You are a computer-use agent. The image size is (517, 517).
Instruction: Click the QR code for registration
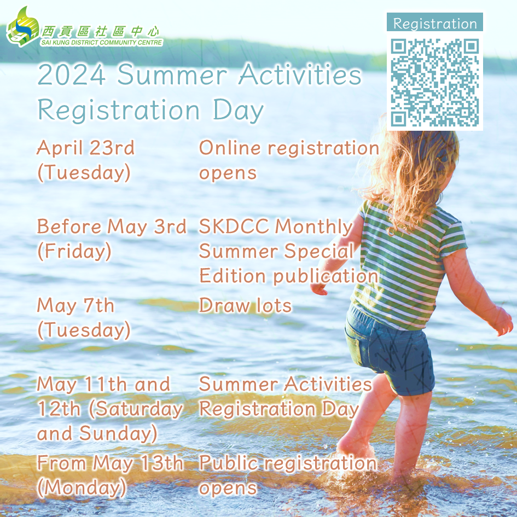434,83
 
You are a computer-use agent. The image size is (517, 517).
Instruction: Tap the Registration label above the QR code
435,24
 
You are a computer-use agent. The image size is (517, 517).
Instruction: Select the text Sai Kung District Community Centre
102,43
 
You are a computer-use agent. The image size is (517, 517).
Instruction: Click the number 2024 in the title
72,75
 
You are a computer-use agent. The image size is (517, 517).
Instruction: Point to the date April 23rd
86,147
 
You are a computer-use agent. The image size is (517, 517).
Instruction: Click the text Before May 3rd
112,226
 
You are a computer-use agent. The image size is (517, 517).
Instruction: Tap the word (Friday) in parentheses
74,251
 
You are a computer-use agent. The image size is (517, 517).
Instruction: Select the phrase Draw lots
245,305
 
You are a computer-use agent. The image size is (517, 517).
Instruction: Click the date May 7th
75,305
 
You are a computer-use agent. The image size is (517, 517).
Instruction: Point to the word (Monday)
82,487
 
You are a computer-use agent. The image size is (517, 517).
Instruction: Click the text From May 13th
110,463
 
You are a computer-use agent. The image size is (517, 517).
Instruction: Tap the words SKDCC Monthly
276,226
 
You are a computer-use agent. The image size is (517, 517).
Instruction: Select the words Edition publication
288,276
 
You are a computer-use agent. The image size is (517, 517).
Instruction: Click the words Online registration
289,148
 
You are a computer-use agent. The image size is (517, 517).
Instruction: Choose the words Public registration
288,463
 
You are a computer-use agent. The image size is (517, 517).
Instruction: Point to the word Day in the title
238,110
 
